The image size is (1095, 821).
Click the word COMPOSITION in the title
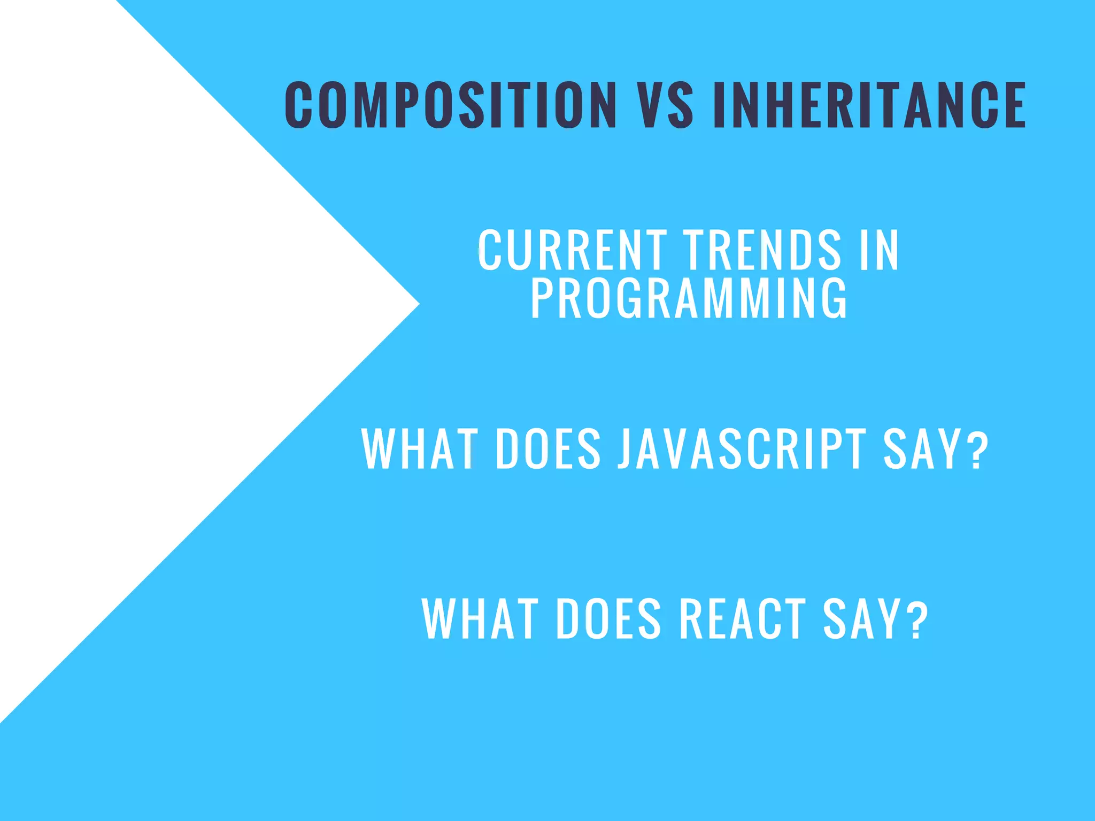[451, 105]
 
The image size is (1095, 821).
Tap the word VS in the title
[666, 105]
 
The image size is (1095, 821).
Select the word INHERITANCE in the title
[869, 105]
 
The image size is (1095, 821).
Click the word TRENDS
[762, 250]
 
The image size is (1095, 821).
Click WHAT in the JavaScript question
[419, 449]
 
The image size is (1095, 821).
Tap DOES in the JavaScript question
[549, 449]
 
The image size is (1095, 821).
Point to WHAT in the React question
[480, 618]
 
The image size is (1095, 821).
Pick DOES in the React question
[609, 618]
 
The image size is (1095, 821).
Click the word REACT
[742, 618]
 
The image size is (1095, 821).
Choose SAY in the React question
[861, 618]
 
